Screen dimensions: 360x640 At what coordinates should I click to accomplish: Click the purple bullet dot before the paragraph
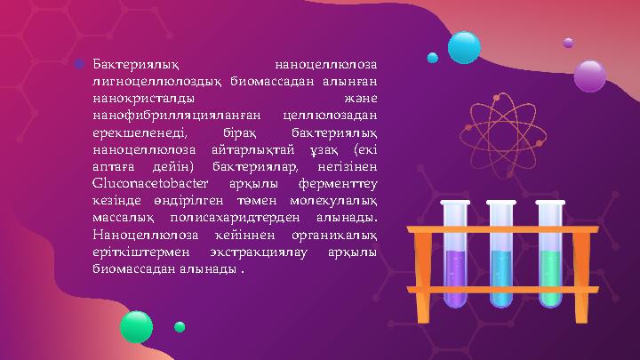tap(79, 65)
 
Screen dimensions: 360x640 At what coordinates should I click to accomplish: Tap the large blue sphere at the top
tap(463, 47)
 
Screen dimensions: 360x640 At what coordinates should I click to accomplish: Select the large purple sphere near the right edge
tap(589, 76)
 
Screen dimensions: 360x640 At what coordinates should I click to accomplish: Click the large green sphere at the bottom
tap(136, 326)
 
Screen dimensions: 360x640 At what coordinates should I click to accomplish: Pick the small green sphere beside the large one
tap(180, 327)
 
